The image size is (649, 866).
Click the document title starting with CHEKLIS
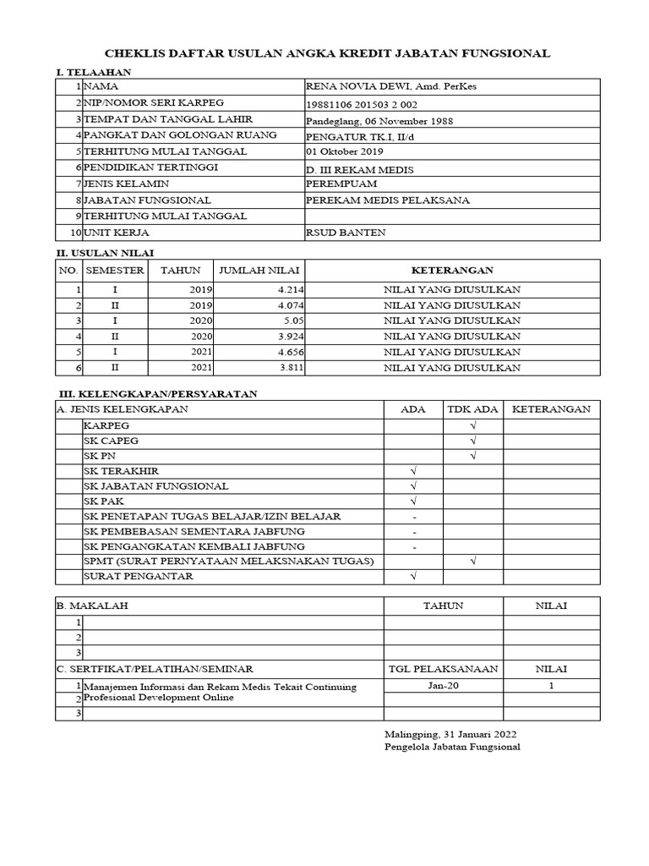324,53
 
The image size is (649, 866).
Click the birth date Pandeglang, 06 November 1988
379,120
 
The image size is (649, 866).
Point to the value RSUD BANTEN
346,233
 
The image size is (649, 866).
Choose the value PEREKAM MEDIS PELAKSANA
388,200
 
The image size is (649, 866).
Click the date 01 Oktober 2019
345,152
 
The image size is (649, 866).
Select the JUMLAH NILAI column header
259,271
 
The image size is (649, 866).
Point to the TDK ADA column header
473,409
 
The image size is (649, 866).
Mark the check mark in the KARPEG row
474,425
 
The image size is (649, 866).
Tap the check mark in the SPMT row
474,561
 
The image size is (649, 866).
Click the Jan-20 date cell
444,686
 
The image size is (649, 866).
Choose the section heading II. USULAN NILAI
105,252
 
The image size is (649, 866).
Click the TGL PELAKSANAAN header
444,669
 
